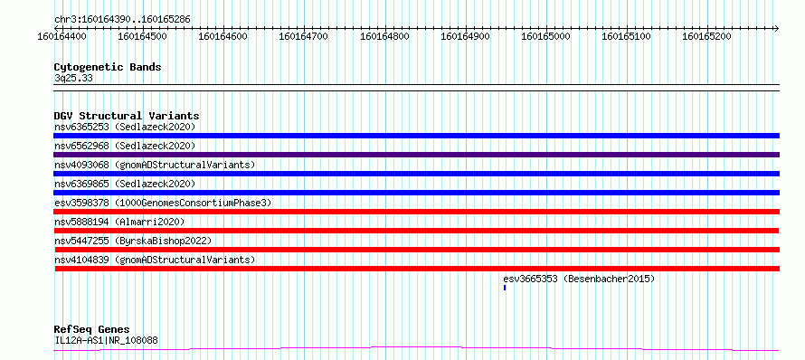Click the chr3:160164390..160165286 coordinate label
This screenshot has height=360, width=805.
pos(122,20)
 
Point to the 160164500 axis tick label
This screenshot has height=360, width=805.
pos(143,36)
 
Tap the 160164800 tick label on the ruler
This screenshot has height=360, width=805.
pos(385,36)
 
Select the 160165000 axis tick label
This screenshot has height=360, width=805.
pos(545,36)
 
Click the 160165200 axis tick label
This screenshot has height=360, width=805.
pos(707,36)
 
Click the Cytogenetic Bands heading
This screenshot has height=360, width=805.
pos(108,67)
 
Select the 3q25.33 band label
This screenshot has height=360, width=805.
pos(73,79)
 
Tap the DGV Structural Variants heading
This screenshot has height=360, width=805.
pos(127,116)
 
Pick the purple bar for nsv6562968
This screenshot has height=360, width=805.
pos(416,155)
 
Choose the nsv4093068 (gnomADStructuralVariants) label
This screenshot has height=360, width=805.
pos(155,165)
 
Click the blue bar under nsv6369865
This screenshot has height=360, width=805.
pos(416,193)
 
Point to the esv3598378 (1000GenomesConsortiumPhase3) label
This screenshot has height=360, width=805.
pos(163,203)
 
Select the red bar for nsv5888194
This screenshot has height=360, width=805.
pos(416,231)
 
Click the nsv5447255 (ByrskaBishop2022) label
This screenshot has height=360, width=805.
pos(132,241)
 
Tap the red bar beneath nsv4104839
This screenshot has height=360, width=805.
pos(416,269)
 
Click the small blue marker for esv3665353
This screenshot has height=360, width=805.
pos(505,288)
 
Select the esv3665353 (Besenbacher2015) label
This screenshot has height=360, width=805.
pos(579,279)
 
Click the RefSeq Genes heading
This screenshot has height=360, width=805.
pos(91,330)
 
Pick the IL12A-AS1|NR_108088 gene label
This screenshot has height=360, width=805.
pos(106,340)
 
